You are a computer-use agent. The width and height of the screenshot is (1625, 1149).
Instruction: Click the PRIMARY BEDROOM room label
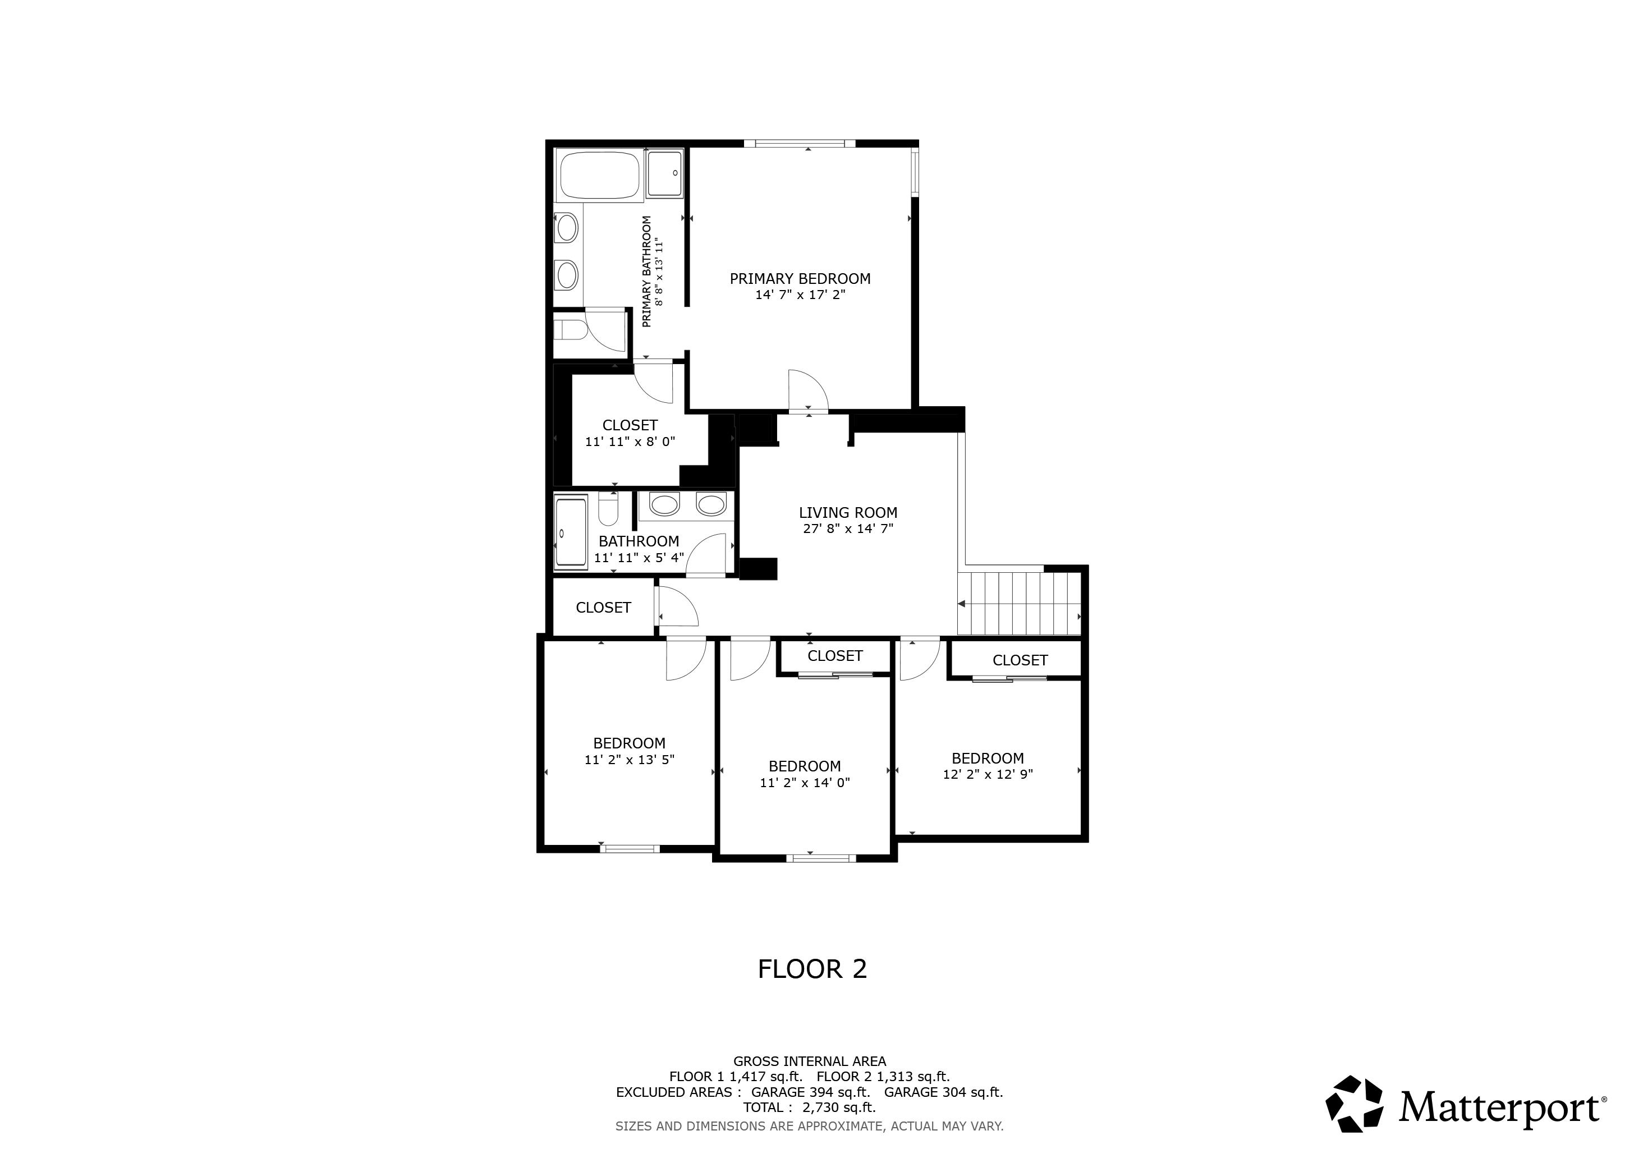click(800, 279)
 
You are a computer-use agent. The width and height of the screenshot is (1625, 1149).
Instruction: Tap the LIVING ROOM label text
click(848, 513)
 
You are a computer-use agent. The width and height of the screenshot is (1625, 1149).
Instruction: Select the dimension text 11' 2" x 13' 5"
click(628, 760)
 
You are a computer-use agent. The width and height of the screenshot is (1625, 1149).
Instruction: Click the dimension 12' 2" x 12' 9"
click(988, 774)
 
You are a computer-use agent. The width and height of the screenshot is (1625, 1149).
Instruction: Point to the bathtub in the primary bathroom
click(599, 174)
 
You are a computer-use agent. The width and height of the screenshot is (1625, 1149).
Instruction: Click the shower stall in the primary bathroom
click(664, 173)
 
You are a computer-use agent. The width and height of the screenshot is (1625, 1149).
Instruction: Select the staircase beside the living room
click(1019, 604)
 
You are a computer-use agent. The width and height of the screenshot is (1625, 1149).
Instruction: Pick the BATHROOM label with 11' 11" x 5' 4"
click(639, 541)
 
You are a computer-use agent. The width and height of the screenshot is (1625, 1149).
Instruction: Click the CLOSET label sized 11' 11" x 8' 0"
click(630, 425)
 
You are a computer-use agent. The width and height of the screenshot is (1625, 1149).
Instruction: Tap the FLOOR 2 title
click(812, 969)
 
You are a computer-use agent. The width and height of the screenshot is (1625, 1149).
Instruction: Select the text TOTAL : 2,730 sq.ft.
click(809, 1107)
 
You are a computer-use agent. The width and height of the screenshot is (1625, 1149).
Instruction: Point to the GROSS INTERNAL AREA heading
click(809, 1061)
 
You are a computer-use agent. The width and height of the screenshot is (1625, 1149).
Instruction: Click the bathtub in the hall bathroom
click(571, 532)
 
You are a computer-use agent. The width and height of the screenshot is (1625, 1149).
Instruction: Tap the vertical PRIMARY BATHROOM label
click(646, 272)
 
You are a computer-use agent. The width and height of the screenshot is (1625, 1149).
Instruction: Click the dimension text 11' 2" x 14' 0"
click(804, 783)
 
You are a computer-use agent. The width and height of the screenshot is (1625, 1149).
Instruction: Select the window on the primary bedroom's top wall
click(800, 144)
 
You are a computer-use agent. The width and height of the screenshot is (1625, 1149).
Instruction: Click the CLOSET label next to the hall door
click(603, 608)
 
